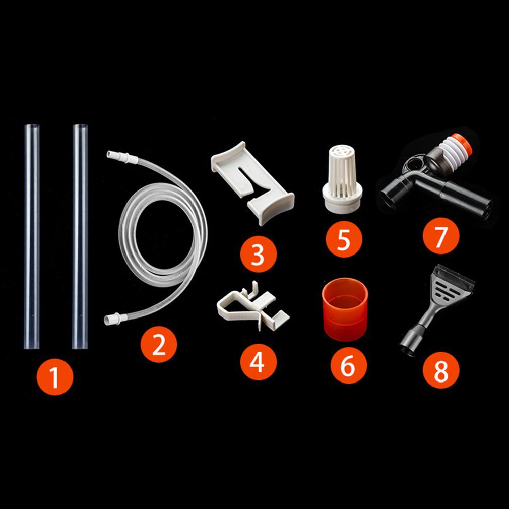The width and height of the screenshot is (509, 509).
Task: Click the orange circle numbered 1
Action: click(55, 376)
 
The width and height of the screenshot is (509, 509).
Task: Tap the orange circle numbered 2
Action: click(159, 344)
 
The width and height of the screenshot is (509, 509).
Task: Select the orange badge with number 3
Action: click(258, 254)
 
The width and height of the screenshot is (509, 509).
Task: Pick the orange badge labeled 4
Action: click(259, 362)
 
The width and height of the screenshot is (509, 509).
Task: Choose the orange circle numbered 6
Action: click(349, 365)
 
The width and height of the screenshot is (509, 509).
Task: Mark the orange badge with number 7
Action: click(441, 236)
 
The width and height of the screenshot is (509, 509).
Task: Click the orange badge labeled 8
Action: click(441, 370)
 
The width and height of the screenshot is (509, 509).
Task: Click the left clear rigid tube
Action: click(31, 236)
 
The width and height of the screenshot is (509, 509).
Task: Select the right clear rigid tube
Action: click(80, 236)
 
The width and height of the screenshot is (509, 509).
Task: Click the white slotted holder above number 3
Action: click(252, 182)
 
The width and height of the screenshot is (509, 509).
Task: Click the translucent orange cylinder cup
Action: click(345, 309)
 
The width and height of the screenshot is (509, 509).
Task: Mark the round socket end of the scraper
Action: click(407, 346)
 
